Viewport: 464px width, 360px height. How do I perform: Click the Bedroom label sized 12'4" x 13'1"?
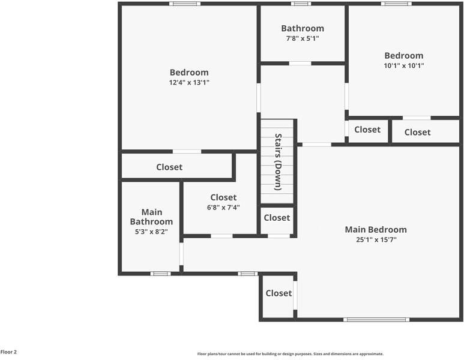189,73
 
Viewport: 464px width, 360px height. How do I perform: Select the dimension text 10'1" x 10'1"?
404,66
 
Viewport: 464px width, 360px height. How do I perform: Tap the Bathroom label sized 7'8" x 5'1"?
303,28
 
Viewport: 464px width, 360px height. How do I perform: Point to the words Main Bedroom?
375,229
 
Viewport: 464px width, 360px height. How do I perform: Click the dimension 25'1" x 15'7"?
376,239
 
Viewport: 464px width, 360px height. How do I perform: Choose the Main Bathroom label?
151,217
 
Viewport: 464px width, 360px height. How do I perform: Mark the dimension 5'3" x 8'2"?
151,231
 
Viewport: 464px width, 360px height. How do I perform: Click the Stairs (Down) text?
278,162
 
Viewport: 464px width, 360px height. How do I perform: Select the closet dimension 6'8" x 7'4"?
223,207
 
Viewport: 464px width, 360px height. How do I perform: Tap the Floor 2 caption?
8,352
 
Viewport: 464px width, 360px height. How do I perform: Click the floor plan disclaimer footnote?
290,354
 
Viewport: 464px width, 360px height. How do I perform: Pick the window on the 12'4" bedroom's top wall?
184,4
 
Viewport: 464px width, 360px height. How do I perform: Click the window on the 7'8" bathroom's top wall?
301,4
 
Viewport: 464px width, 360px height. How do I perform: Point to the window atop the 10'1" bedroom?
396,4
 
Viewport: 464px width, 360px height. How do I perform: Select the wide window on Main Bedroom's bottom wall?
376,319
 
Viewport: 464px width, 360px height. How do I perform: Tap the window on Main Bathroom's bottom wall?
160,274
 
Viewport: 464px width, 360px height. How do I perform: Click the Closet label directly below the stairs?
277,218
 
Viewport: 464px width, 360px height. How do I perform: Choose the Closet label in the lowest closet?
279,293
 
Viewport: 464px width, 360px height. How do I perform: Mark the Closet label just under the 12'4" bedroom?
169,167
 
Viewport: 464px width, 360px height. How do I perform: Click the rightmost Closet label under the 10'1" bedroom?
417,132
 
